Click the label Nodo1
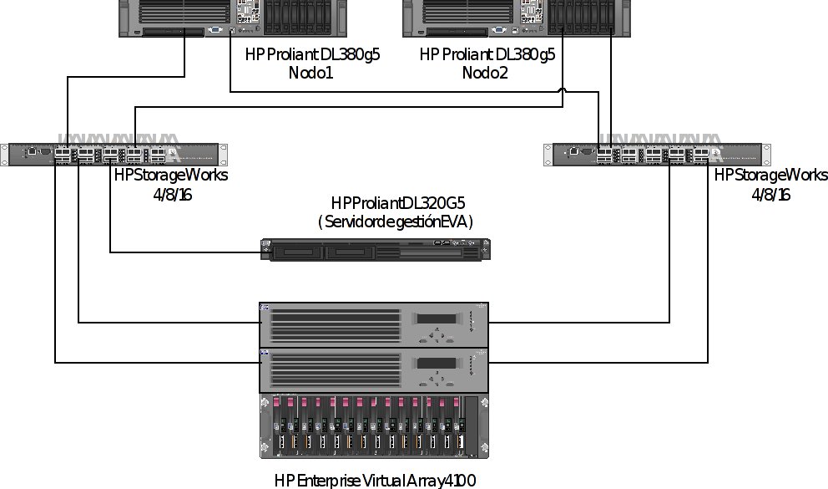pyautogui.click(x=311, y=74)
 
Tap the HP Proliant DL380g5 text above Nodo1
pyautogui.click(x=312, y=55)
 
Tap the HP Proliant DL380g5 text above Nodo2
pyautogui.click(x=487, y=55)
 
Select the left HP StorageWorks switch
pyautogui.click(x=114, y=155)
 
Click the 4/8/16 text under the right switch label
pyautogui.click(x=770, y=194)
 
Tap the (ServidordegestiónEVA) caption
pyautogui.click(x=395, y=222)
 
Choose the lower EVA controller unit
pyautogui.click(x=374, y=369)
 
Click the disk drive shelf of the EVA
pyautogui.click(x=374, y=426)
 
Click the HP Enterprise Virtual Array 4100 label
pyautogui.click(x=375, y=481)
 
